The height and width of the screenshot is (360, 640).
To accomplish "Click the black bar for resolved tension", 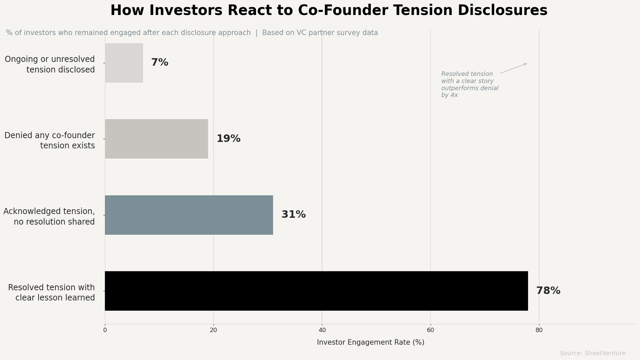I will pos(316,291).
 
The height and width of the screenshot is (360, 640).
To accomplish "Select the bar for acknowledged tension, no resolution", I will pos(189,215).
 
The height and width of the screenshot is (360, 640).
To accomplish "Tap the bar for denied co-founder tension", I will pos(156,139).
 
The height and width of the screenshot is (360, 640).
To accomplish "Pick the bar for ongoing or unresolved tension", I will pos(124,63).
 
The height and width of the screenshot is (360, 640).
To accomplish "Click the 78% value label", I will pos(548,291).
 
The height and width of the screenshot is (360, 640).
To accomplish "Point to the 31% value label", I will pos(293,215).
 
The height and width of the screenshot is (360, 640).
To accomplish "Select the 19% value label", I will pos(228,139).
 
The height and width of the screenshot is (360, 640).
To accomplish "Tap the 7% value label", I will pos(160,63).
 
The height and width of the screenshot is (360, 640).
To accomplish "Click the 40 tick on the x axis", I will pos(322,330).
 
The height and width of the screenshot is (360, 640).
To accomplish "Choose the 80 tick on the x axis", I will pos(539,330).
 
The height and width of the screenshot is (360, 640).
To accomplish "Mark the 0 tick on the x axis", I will pos(105,330).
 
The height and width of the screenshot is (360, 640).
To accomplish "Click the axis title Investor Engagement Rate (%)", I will pos(370,342).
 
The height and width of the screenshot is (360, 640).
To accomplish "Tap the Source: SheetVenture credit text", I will pos(592,353).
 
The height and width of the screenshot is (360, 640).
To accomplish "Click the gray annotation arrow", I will pos(514,68).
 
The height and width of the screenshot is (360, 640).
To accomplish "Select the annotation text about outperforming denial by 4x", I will pos(469,85).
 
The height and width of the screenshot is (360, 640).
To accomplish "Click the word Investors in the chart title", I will pos(186,10).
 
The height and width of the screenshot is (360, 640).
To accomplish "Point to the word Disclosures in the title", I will pos(502,10).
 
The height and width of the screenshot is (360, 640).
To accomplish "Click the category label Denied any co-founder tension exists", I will pos(50,140).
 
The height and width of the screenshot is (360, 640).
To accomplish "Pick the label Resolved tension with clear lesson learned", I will pos(52,292).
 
